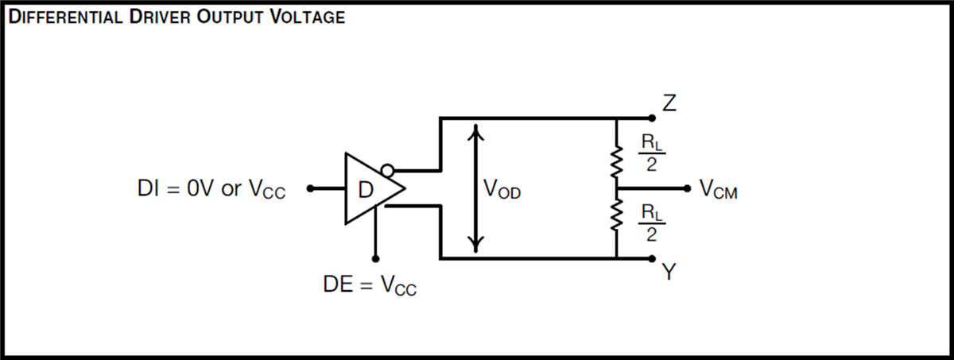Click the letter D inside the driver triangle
366,190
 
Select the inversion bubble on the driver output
386,170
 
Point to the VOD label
502,190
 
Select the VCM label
718,190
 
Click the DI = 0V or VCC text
211,190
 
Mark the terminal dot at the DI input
311,189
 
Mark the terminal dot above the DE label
375,258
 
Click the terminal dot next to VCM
688,189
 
